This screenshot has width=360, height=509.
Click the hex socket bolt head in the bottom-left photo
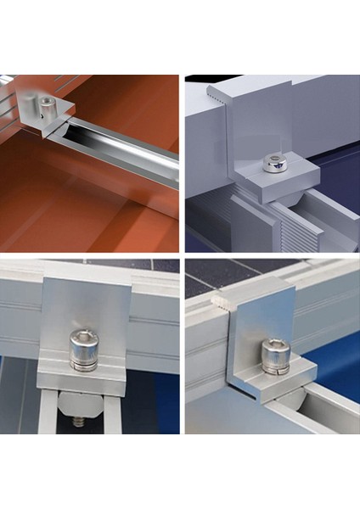[x=83, y=341]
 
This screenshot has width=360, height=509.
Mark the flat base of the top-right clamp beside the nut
[x=297, y=176]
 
